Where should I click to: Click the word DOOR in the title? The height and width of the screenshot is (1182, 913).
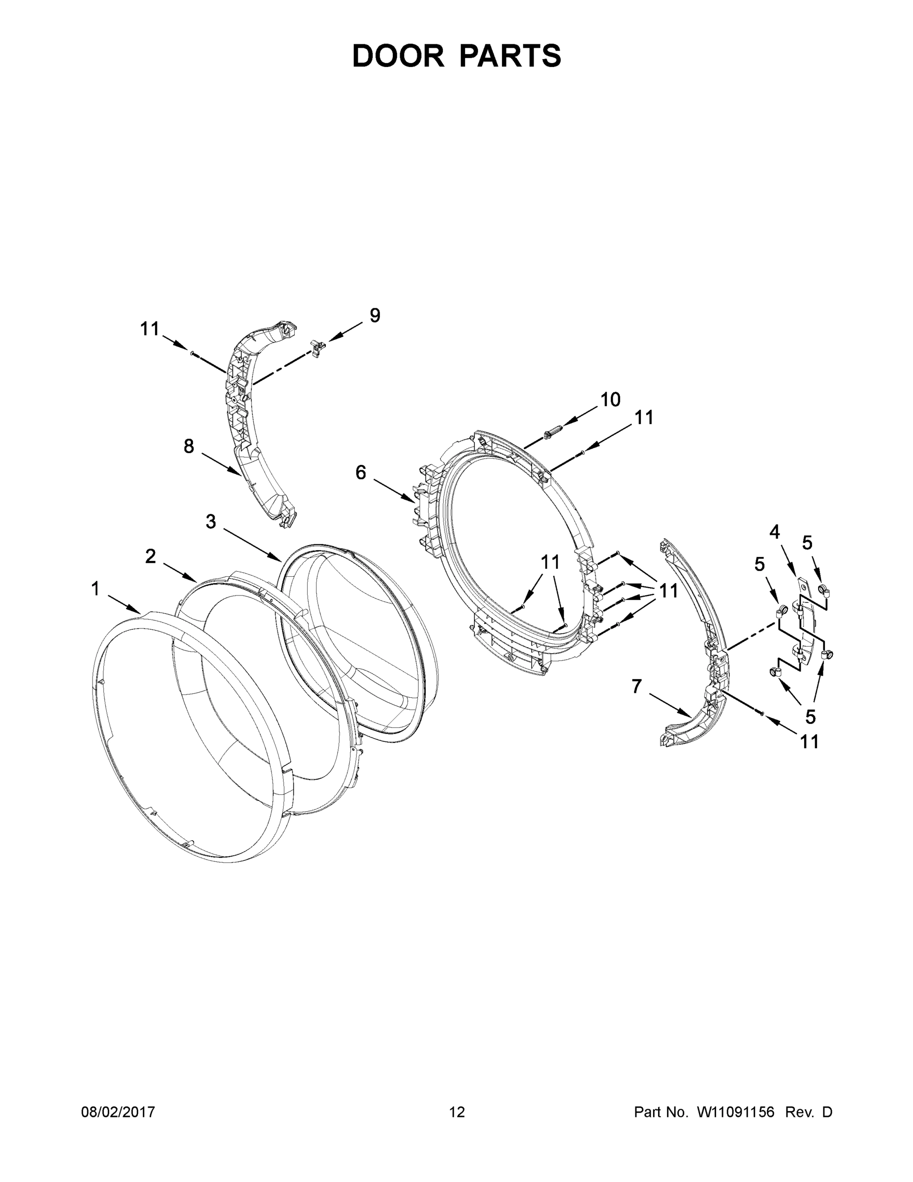(398, 56)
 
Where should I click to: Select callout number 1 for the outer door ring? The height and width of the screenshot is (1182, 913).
(96, 589)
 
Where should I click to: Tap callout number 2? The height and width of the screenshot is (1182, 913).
(151, 556)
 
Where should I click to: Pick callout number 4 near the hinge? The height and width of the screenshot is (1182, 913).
(775, 532)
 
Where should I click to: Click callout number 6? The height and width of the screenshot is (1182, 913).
(361, 472)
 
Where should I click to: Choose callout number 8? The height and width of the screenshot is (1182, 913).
(188, 447)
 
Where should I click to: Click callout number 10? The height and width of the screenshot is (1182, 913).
(610, 400)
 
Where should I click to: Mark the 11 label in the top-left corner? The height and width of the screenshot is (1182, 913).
(150, 328)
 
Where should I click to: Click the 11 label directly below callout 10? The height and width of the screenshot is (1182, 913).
(644, 417)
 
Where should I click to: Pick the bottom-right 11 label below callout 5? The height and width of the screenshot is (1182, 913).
(809, 741)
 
